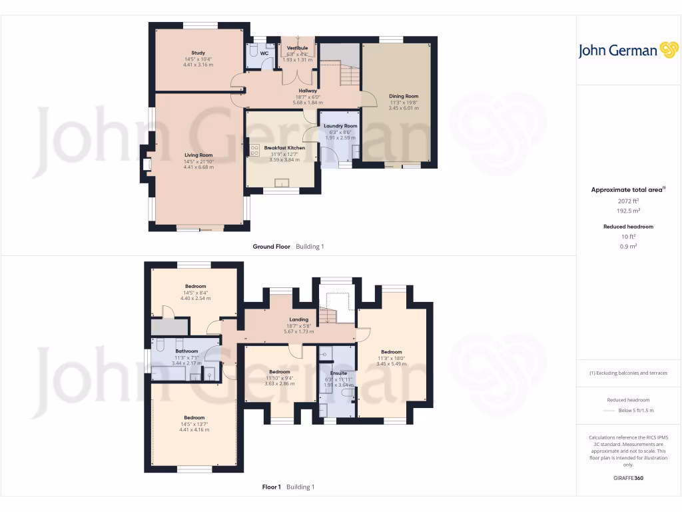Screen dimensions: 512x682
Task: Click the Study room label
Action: pos(198,53)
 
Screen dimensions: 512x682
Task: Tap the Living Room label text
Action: pos(198,155)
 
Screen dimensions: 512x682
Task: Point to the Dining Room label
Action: pos(404,96)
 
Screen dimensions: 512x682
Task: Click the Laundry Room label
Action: pos(340,126)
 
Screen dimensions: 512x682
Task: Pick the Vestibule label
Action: pos(297,49)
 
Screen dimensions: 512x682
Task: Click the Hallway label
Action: pos(308,91)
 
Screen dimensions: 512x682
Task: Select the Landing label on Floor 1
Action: pos(298,319)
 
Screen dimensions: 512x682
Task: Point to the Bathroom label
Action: pos(186,351)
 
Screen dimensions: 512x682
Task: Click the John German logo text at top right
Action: pos(617,51)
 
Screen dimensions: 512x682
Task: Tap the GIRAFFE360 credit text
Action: pos(629,478)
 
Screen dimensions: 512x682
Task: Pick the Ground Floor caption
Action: pos(272,247)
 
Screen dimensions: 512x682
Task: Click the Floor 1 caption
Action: pos(272,487)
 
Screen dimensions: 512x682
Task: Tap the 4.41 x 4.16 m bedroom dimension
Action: pos(194,429)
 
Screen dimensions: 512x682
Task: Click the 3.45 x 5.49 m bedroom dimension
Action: pos(391,363)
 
